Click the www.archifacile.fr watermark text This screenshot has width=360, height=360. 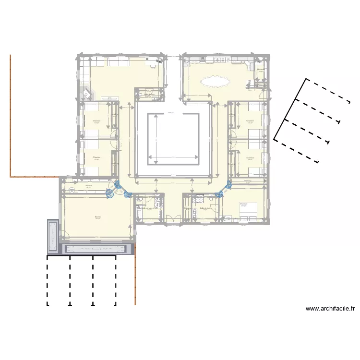pyautogui.click(x=330, y=309)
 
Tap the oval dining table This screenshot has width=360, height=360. pyautogui.click(x=215, y=81)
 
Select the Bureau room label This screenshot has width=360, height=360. pyautogui.click(x=98, y=216)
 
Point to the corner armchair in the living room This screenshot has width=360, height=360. pyautogui.click(x=86, y=93)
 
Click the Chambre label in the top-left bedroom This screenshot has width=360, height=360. pyautogui.click(x=96, y=120)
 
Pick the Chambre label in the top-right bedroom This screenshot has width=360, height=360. pyautogui.click(x=250, y=120)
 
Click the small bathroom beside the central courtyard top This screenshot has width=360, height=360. pyautogui.click(x=150, y=94)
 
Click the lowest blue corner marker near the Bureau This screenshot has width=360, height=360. pyautogui.click(x=128, y=194)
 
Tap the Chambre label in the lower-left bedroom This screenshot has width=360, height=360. pyautogui.click(x=96, y=157)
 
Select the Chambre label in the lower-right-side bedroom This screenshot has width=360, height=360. pyautogui.click(x=250, y=157)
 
